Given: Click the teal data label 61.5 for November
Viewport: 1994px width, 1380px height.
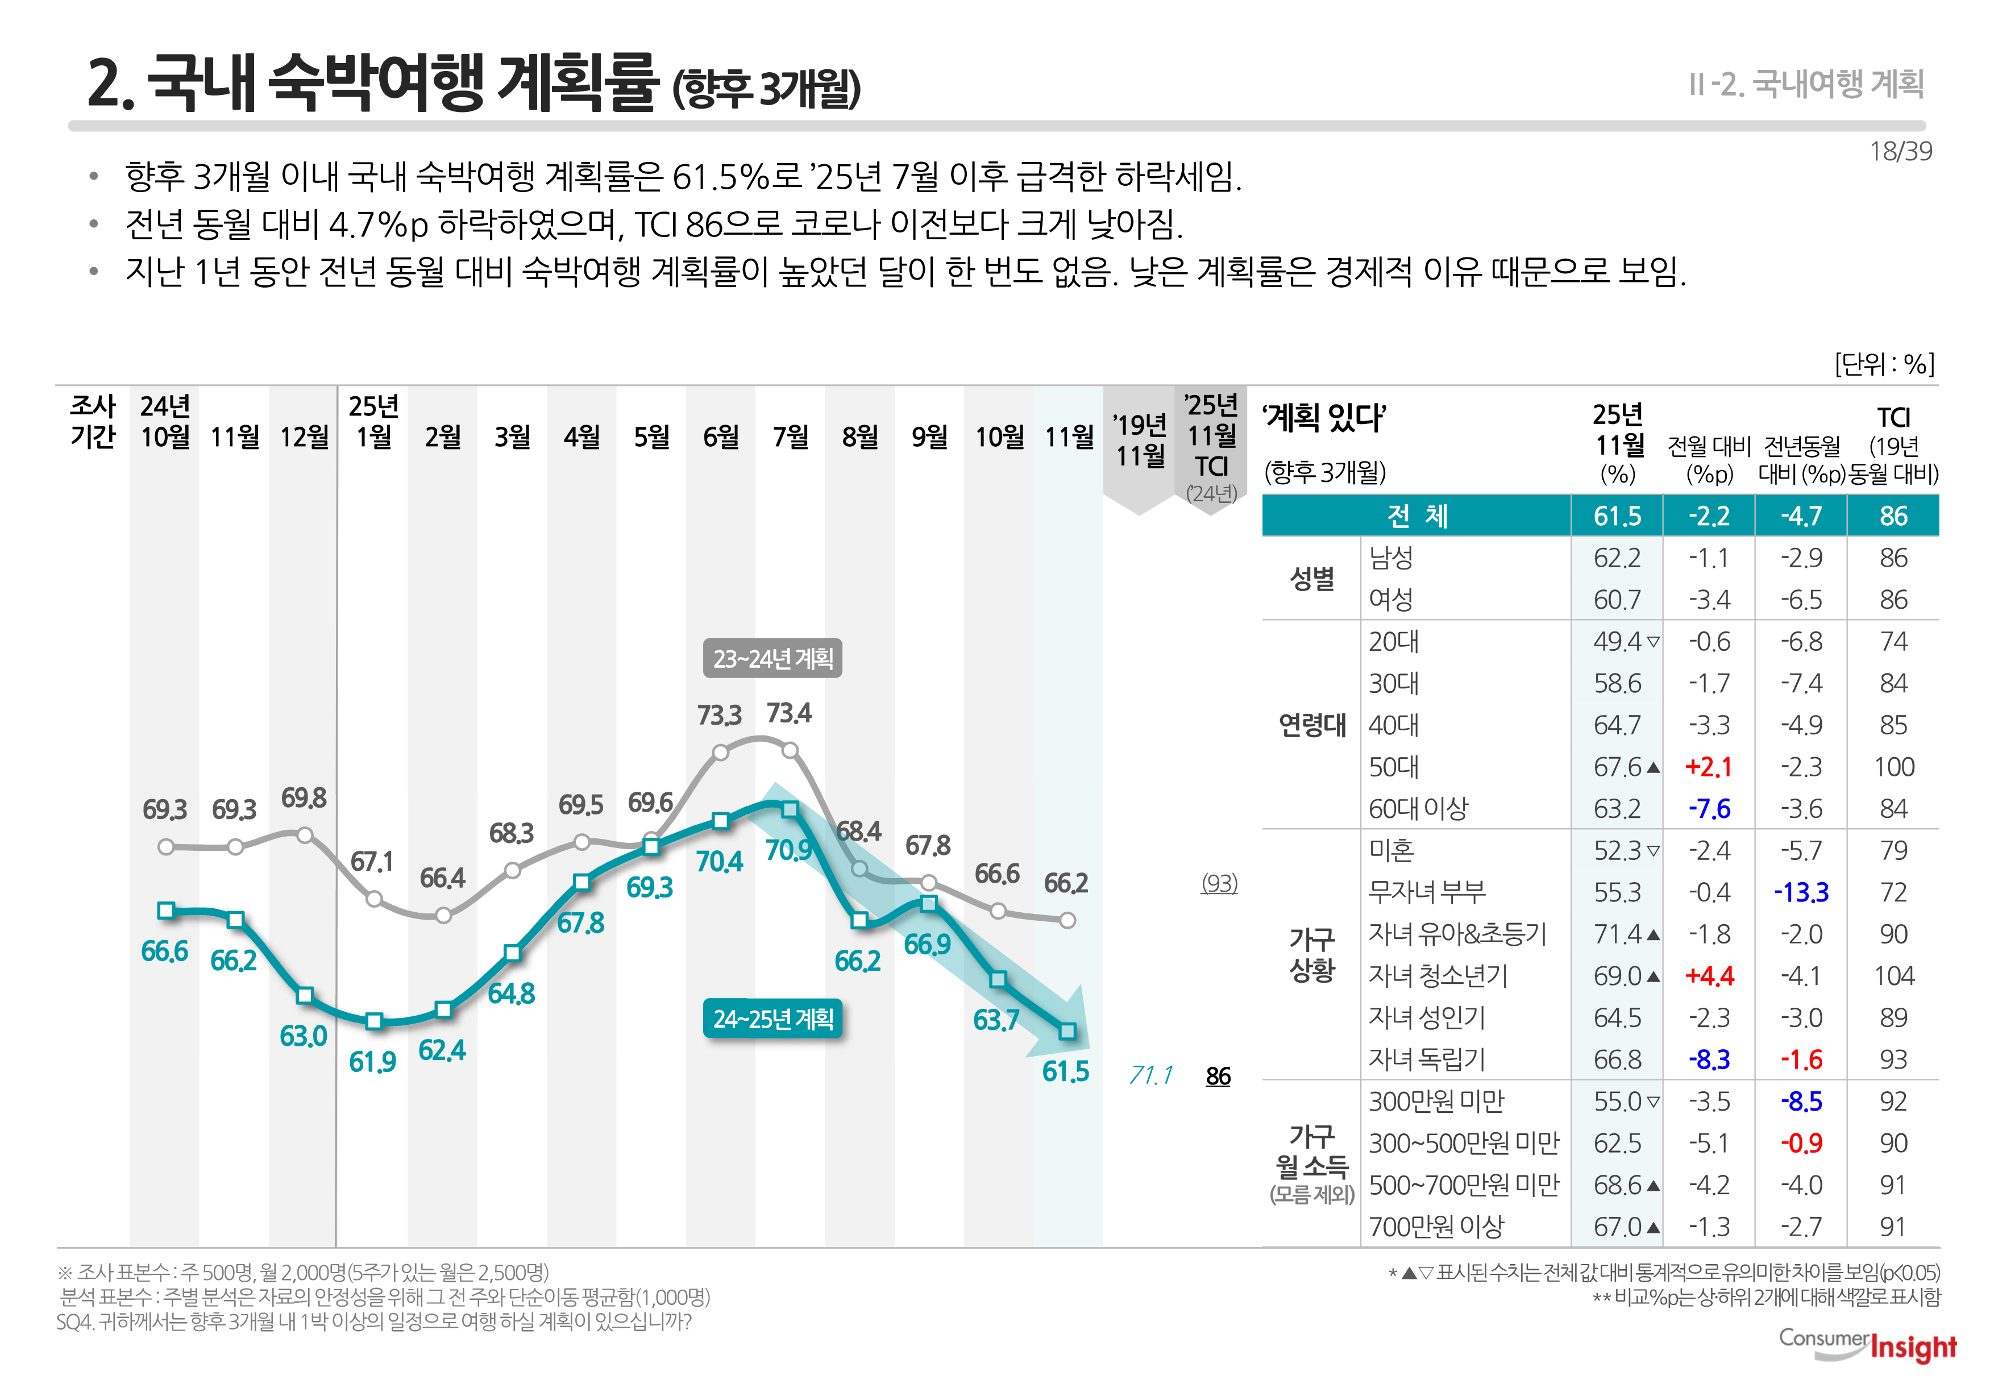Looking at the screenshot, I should (x=1065, y=1071).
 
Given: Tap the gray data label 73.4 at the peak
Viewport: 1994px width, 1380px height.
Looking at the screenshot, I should (x=788, y=713).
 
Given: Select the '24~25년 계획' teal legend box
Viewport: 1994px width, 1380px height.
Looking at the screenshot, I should (x=773, y=1020).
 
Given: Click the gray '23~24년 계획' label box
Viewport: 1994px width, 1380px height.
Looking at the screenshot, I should (x=772, y=659).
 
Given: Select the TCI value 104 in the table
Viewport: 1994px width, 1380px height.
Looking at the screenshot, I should (x=1893, y=976).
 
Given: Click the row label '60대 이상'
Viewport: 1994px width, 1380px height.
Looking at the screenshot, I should (x=1418, y=808).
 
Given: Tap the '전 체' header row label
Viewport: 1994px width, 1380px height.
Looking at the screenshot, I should (x=1416, y=516).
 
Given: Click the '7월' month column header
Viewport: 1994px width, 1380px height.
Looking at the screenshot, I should (x=790, y=437).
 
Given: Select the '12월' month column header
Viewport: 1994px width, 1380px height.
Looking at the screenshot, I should (x=304, y=437).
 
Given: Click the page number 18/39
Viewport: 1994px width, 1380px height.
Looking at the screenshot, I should (x=1900, y=151).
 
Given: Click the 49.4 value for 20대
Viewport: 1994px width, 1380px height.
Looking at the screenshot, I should (x=1616, y=642).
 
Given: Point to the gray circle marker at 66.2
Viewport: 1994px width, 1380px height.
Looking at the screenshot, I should (x=1067, y=921).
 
